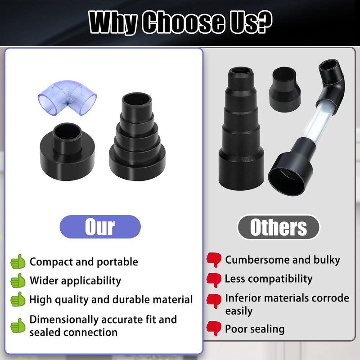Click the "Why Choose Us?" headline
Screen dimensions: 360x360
pos(180,22)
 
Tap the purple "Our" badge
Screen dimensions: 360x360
pos(100,227)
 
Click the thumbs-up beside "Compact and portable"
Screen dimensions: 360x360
pos(18,261)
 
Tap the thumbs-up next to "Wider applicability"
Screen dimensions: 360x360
pos(18,280)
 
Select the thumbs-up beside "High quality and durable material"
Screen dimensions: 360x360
pos(18,299)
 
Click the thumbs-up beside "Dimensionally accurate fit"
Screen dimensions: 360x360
pos(18,325)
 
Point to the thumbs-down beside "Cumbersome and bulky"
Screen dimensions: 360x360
pos(214,260)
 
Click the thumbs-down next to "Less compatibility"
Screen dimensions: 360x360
pos(214,279)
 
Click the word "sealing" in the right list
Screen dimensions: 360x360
pos(267,329)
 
